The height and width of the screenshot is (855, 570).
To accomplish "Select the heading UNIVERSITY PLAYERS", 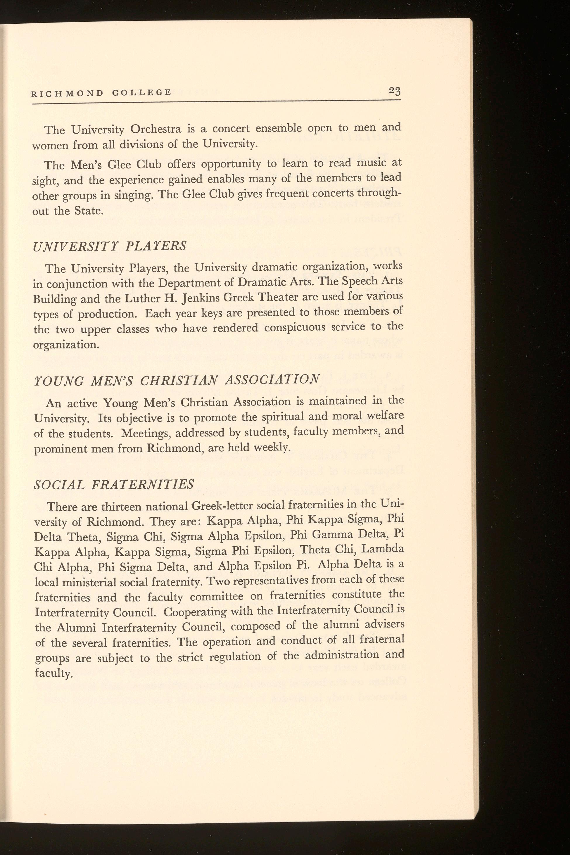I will tap(109, 246).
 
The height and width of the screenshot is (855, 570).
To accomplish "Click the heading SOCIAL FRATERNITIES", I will tap(114, 484).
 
